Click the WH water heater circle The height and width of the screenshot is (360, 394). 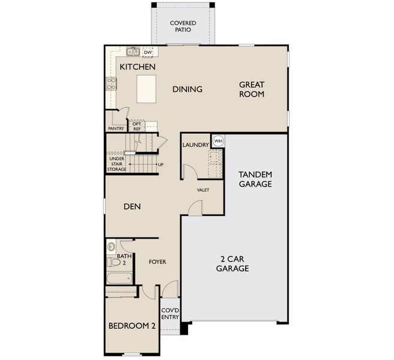[218, 140]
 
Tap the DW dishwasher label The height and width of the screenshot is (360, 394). [148, 52]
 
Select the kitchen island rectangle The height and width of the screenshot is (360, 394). [146, 89]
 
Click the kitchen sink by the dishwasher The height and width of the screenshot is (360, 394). [133, 52]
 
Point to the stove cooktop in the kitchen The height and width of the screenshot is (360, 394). [111, 83]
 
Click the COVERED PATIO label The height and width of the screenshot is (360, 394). [183, 26]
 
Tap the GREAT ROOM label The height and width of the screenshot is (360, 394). [252, 89]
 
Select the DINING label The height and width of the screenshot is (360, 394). [187, 89]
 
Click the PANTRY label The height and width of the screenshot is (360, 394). [116, 128]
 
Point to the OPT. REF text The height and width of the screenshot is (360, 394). [137, 127]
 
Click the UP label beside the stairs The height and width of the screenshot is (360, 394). [160, 164]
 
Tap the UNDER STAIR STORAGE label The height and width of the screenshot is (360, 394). [117, 164]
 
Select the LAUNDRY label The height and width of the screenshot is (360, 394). [196, 145]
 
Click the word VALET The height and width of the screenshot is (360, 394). [203, 190]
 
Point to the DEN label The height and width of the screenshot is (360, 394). [132, 206]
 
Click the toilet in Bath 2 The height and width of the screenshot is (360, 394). [114, 262]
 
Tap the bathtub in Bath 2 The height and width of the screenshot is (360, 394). [120, 278]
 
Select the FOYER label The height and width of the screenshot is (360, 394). [157, 262]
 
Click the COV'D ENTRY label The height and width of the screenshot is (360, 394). [170, 314]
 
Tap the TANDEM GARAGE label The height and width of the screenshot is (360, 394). [255, 179]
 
